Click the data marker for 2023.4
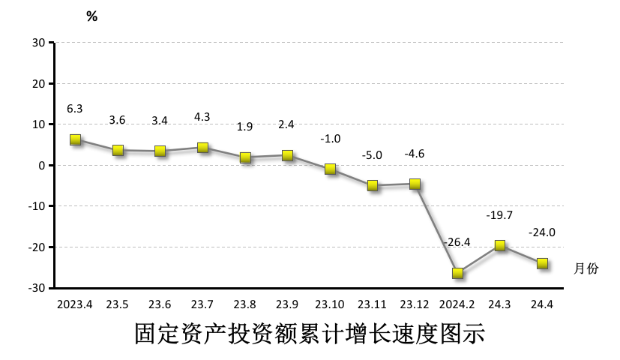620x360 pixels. point(75,139)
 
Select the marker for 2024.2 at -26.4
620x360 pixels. point(457,273)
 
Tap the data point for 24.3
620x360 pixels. point(500,245)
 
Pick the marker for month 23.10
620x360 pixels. point(330,169)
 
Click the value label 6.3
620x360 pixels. point(75,109)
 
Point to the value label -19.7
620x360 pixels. point(499,215)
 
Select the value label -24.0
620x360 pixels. point(542,232)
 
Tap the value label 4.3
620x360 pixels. point(202,117)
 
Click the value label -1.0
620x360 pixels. point(330,139)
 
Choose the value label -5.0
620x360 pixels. point(373,155)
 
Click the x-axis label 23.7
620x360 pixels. point(202,304)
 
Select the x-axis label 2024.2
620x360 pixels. point(457,304)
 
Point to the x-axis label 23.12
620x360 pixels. point(415,304)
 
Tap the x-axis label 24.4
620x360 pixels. point(542,304)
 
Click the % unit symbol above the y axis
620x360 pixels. point(92,16)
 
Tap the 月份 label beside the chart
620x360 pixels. point(586,268)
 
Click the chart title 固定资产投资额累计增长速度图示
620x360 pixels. point(310,334)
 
